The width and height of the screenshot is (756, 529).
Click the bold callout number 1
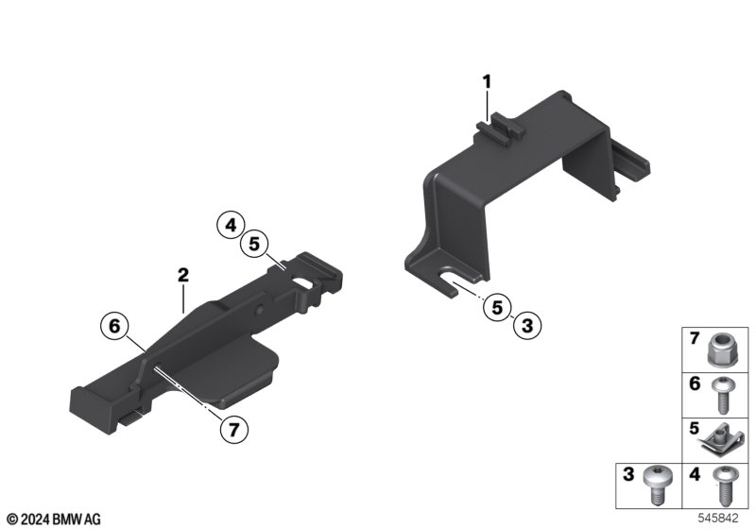(487, 82)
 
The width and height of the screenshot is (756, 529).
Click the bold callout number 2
(183, 276)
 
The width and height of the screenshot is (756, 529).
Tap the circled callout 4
(231, 225)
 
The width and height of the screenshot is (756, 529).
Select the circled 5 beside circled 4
(254, 245)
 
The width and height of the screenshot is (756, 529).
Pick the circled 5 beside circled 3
(497, 307)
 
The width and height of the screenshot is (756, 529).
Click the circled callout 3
(527, 325)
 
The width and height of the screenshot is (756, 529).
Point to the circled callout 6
(114, 326)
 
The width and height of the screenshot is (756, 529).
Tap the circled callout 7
(233, 429)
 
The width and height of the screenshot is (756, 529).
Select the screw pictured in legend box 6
(722, 395)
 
